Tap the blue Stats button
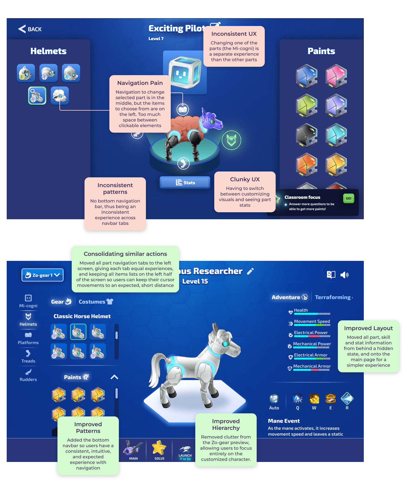pyautogui.click(x=185, y=183)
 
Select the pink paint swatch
pyautogui.click(x=336, y=76)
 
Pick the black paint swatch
pyautogui.click(x=307, y=135)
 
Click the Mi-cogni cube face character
pyautogui.click(x=184, y=72)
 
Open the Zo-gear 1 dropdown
pyautogui.click(x=43, y=275)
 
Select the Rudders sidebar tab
pyautogui.click(x=28, y=375)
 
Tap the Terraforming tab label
pyautogui.click(x=333, y=297)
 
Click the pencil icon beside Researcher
pyautogui.click(x=250, y=271)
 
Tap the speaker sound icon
pyautogui.click(x=345, y=275)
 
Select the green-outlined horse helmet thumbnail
pyautogui.click(x=78, y=332)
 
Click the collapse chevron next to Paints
pyautogui.click(x=114, y=377)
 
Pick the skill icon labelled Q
pyautogui.click(x=298, y=399)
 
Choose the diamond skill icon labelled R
pyautogui.click(x=347, y=399)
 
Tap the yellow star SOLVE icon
pyautogui.click(x=159, y=448)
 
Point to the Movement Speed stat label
pyautogui.click(x=312, y=321)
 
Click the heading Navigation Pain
pyautogui.click(x=140, y=83)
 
